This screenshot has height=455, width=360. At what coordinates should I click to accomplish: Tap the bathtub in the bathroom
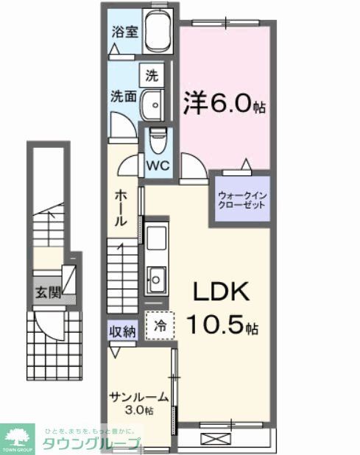click(x=156, y=33)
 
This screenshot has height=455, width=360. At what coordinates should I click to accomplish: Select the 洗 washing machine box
click(x=152, y=75)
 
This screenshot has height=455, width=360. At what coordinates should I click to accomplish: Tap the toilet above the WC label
click(x=157, y=138)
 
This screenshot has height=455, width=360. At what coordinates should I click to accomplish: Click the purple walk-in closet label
click(x=240, y=200)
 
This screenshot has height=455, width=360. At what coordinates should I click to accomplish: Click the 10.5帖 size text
click(x=221, y=325)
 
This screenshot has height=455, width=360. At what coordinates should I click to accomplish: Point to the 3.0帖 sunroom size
click(x=138, y=410)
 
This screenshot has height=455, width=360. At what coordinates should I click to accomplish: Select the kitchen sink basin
click(x=157, y=278)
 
